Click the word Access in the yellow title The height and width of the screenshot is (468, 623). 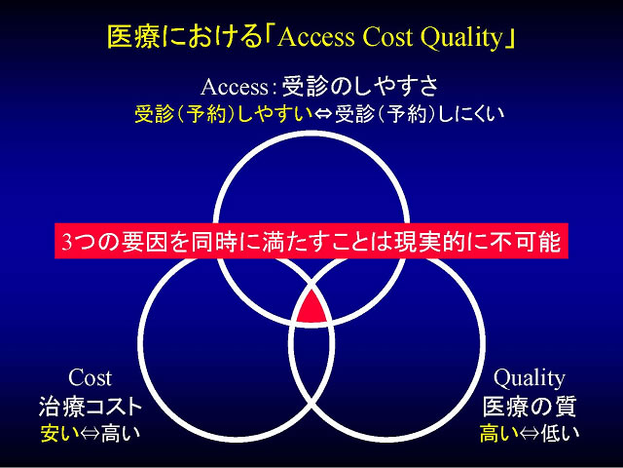[315, 38]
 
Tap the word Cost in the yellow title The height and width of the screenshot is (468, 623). [386, 38]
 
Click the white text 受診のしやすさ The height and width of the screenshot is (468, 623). [359, 87]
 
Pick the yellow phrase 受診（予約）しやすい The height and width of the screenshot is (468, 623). [224, 114]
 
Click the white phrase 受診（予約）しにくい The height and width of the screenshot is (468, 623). [420, 114]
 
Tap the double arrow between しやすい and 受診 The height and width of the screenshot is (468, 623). [324, 115]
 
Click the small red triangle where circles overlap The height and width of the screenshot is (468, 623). [312, 307]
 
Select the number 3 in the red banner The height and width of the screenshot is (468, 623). [67, 242]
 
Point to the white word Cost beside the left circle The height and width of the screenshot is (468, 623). [90, 377]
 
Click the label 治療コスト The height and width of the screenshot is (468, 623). [91, 407]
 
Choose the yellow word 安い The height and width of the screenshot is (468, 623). [60, 433]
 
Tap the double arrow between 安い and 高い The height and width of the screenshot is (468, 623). [91, 434]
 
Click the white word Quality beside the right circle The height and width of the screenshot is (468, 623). [529, 378]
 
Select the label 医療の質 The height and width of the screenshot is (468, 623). [530, 407]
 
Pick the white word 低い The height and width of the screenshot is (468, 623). [560, 433]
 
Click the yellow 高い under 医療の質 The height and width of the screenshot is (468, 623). [499, 433]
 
